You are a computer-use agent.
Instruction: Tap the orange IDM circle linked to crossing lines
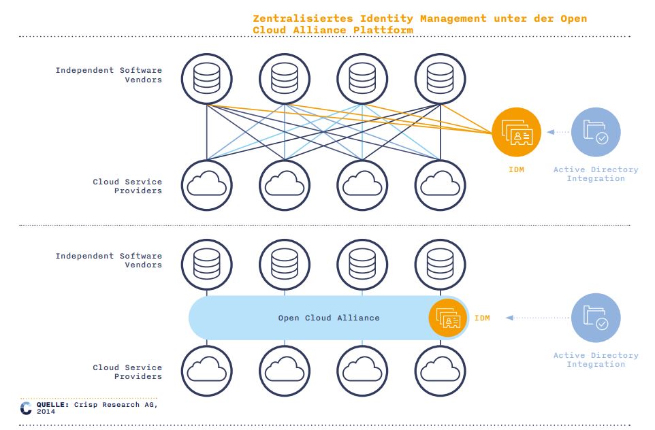[x=516, y=133]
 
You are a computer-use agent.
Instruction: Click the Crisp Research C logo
[x=26, y=408]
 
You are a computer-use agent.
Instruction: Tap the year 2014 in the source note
[x=46, y=412]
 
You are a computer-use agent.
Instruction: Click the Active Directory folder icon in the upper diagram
[x=595, y=133]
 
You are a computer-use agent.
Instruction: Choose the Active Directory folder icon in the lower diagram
[x=595, y=318]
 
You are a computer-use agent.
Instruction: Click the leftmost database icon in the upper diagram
[x=207, y=79]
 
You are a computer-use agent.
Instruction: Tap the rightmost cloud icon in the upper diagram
[x=440, y=185]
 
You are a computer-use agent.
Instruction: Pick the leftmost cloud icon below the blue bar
[x=207, y=371]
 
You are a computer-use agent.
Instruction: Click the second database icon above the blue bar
[x=285, y=265]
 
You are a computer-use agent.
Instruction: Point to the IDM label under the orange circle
[x=516, y=169]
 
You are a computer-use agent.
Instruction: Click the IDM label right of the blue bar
[x=482, y=318]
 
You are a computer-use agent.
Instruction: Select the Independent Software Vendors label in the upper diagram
[x=109, y=75]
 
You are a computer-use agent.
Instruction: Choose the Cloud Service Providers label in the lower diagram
[x=127, y=371]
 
